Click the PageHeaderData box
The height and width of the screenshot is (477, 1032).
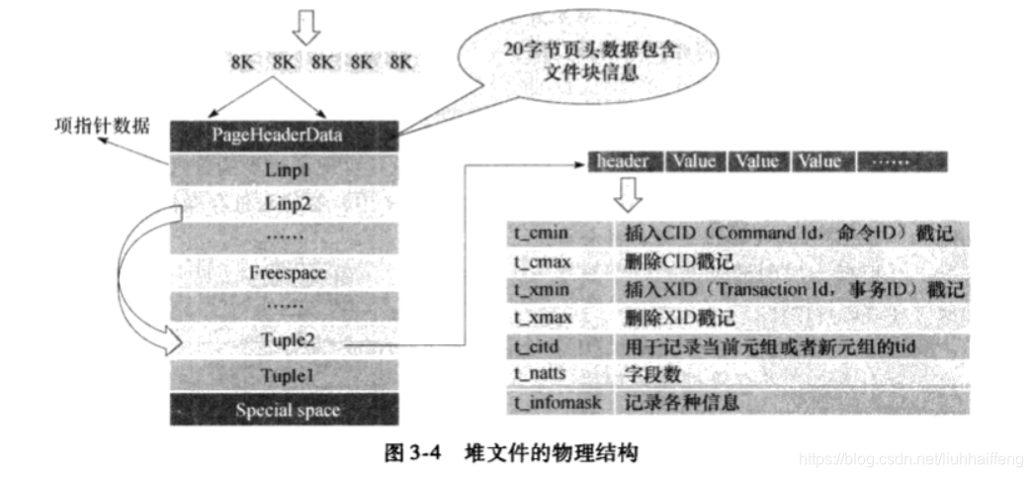tap(284, 135)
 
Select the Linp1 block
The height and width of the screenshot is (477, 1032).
tap(284, 169)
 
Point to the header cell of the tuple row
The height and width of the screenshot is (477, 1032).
tap(623, 160)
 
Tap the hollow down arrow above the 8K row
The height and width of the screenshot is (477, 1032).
tap(308, 27)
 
